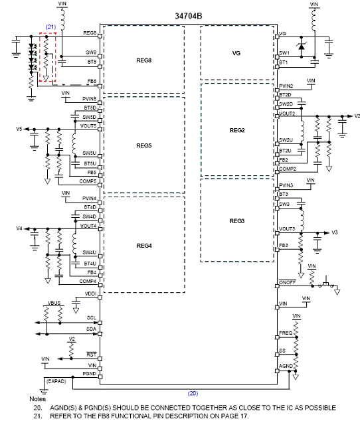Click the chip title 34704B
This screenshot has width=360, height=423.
[189, 16]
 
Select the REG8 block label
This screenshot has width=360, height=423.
[144, 60]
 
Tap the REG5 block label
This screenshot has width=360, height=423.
[144, 145]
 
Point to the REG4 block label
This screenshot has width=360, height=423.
[144, 246]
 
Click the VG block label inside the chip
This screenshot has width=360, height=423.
[236, 53]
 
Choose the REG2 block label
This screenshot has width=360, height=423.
[237, 130]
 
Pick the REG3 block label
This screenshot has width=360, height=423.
[237, 221]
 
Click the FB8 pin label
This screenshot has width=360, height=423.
[92, 81]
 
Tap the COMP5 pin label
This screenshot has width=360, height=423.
[88, 181]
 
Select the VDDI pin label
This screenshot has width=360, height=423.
[90, 294]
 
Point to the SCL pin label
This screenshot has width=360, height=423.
[92, 317]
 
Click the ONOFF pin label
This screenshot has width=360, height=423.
[288, 282]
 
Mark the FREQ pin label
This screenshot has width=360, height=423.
[286, 333]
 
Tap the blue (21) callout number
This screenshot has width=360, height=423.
[50, 27]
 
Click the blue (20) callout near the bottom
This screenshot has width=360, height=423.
[193, 393]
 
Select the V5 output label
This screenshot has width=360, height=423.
[19, 129]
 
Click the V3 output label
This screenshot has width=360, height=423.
[334, 232]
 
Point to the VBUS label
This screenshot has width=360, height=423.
[54, 303]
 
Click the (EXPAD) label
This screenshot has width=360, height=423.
[56, 381]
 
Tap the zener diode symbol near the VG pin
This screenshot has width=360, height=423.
[301, 46]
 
